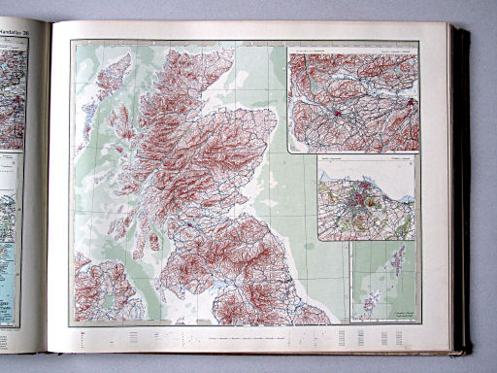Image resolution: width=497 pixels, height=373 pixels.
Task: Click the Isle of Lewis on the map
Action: coord(114,75)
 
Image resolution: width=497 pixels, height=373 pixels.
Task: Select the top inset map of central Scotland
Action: coord(352,99)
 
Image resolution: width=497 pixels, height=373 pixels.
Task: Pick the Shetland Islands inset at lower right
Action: coord(383,282)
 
